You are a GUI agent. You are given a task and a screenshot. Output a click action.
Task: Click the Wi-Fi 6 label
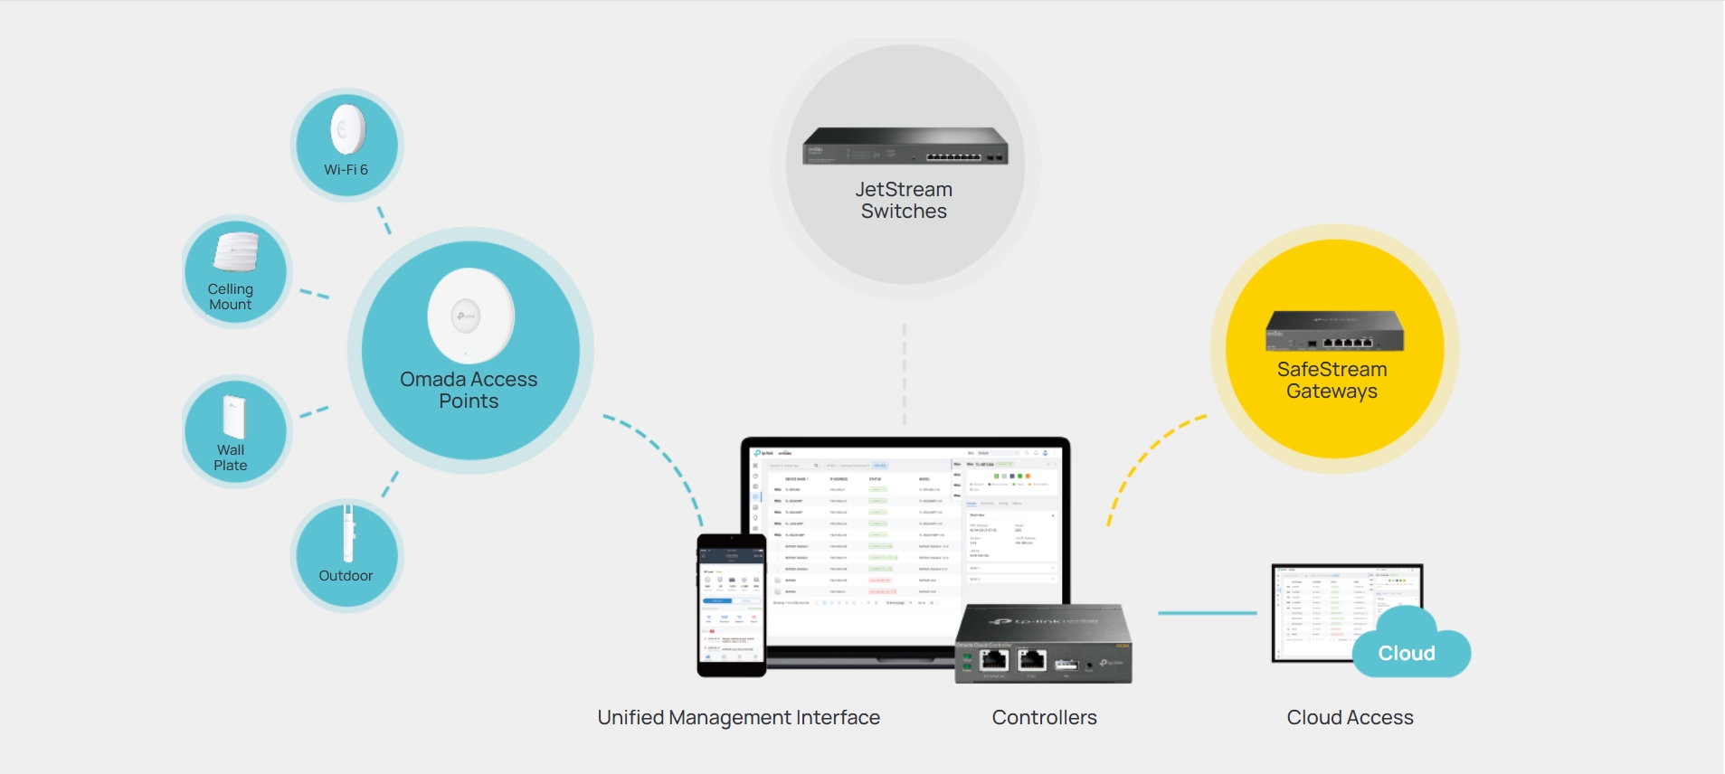click(346, 170)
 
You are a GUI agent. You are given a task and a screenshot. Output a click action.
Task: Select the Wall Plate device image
click(233, 417)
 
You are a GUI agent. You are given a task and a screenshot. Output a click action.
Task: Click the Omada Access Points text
click(469, 390)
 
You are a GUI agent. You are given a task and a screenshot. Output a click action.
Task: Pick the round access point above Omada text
click(470, 316)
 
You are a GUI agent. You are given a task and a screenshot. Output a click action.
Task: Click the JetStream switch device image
click(905, 146)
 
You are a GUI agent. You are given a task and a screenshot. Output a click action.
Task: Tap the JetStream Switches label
click(904, 200)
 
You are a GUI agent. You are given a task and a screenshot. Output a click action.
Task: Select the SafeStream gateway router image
click(1334, 331)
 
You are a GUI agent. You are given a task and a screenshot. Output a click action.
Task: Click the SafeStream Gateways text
click(1332, 380)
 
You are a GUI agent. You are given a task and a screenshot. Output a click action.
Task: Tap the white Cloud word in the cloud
click(1406, 653)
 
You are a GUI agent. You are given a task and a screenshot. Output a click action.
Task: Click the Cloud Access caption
click(1350, 717)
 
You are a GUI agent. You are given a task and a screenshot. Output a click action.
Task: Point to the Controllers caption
click(1044, 717)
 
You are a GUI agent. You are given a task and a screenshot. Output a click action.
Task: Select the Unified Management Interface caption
click(738, 717)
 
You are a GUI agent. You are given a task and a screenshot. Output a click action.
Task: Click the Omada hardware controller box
click(1043, 643)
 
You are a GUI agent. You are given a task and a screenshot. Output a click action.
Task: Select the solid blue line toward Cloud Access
click(1207, 613)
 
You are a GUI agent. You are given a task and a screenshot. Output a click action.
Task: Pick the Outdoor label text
click(346, 576)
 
